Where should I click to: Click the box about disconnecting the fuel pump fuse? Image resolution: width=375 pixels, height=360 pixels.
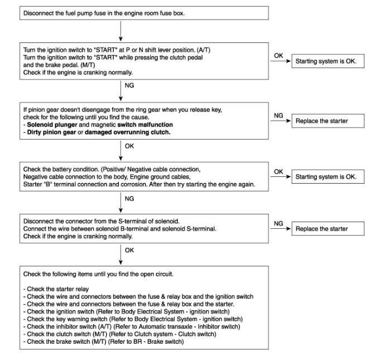(x=144, y=13)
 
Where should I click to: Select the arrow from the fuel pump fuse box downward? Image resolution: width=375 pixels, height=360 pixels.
(x=121, y=31)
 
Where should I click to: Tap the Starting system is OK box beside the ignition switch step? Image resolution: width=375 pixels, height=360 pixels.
(x=328, y=61)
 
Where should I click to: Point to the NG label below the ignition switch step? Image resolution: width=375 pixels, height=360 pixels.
(x=129, y=85)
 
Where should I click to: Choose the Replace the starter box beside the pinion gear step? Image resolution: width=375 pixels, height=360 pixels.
(x=328, y=121)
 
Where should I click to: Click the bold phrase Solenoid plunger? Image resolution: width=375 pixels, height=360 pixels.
(x=52, y=124)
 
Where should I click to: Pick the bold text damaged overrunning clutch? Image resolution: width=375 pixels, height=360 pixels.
(x=127, y=132)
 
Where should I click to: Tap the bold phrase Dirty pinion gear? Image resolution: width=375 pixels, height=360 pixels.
(x=51, y=132)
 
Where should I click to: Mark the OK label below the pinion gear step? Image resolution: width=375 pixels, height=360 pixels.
(x=129, y=146)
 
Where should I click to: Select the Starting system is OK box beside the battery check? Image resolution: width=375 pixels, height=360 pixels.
(x=328, y=176)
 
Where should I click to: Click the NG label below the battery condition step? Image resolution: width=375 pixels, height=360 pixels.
(x=129, y=199)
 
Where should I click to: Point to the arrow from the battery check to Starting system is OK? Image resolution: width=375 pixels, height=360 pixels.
(x=281, y=176)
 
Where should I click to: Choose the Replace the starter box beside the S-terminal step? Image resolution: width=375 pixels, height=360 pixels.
(x=328, y=229)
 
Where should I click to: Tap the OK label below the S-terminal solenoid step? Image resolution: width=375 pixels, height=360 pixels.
(x=129, y=250)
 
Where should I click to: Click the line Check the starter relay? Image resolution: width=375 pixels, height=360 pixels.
(x=56, y=289)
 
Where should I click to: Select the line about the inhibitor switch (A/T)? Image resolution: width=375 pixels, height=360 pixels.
(x=132, y=327)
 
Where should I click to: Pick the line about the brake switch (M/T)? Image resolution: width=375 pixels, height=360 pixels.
(x=104, y=342)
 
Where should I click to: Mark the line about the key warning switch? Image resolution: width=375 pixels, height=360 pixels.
(x=133, y=319)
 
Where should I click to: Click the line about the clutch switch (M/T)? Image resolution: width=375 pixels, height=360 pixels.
(x=119, y=334)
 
